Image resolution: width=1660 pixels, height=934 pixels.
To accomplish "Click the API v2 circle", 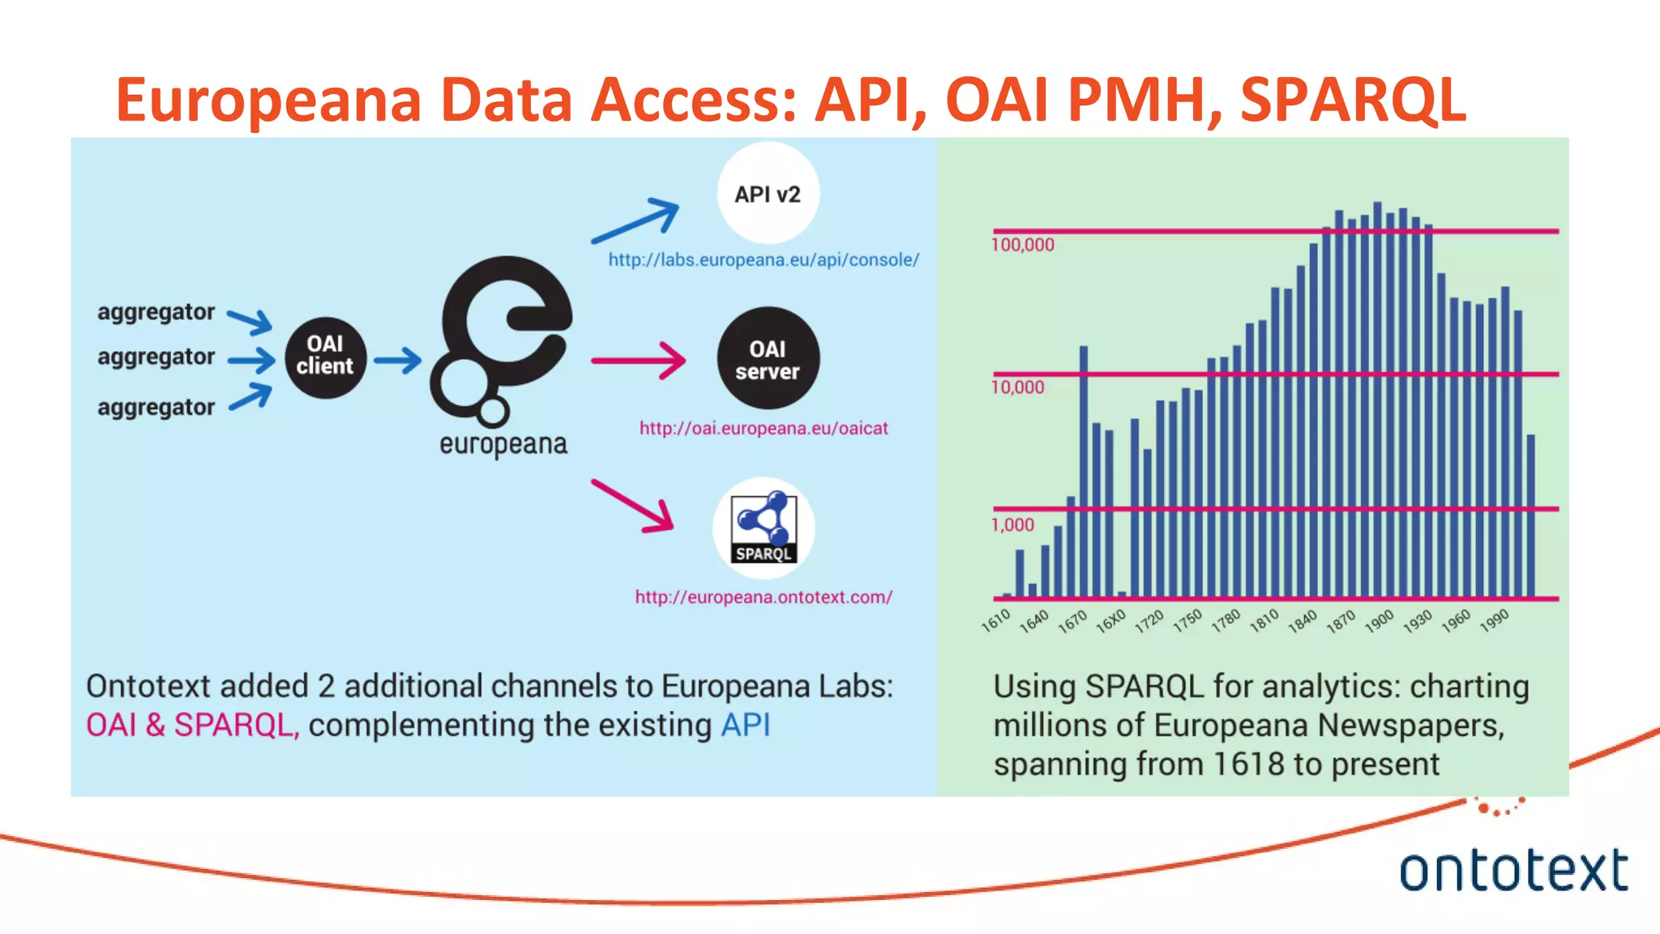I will pos(768,194).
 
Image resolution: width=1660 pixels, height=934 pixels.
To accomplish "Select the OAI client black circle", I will pos(325,357).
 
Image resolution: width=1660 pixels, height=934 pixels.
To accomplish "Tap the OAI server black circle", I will pos(768,359).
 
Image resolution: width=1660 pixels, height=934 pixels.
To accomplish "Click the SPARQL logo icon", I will pos(764,529).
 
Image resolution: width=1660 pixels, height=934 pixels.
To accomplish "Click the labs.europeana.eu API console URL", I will pos(764,260).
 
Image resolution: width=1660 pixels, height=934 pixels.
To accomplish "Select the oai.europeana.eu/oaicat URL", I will pos(764,428).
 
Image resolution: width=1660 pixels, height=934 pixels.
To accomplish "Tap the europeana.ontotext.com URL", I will pos(764,598).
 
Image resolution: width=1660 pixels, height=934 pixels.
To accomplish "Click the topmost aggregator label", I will pos(156,312).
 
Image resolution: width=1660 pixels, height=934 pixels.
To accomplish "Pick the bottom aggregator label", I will pos(156,407).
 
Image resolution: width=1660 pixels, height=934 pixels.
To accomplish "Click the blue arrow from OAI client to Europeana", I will pos(397,360).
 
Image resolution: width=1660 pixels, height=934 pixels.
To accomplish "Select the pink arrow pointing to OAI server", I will pos(639,360).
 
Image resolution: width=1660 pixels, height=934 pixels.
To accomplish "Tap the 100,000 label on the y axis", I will pos(1023,245).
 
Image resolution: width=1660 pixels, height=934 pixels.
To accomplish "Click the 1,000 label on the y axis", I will pos(1013,525).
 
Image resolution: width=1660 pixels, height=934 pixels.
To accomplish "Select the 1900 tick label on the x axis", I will pos(1379,621).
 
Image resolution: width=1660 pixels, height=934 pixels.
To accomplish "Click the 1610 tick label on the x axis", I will pos(995,621).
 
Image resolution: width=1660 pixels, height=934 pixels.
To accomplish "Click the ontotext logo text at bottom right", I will pos(1513,871).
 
